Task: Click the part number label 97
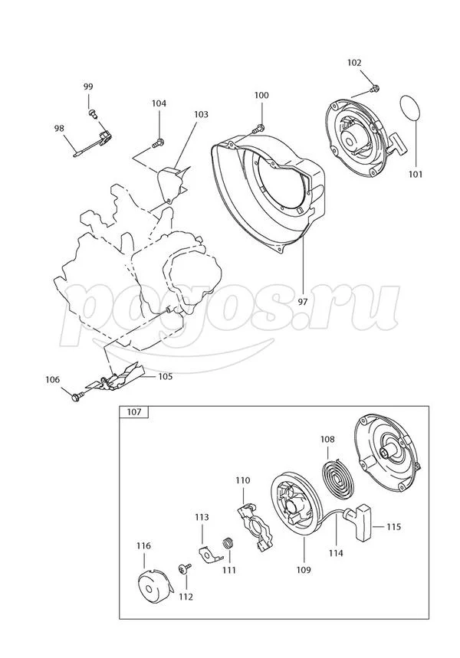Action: pos(303,302)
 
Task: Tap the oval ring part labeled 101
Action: pos(410,109)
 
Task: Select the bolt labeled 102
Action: pos(375,88)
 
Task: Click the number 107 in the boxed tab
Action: pos(134,412)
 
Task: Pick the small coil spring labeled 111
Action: pos(228,543)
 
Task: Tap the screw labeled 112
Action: pos(184,568)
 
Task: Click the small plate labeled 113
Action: pos(208,554)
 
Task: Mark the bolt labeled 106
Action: pos(77,396)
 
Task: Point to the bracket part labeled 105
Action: pos(116,377)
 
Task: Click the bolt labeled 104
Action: pos(159,143)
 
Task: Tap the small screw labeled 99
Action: pos(92,113)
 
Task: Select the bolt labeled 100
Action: pos(258,128)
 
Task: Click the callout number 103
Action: pos(201,115)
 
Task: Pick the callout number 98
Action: pos(59,129)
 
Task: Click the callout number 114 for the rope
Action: pos(336,553)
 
